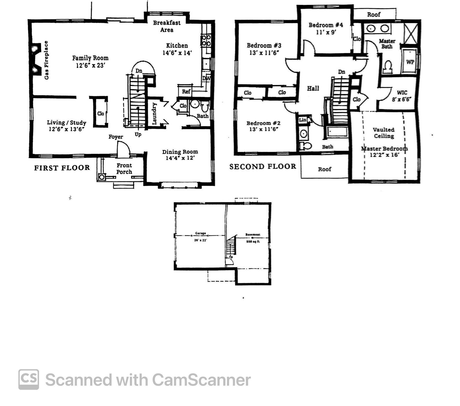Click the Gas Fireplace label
click(x=46, y=60)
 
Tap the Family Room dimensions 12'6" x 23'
click(x=90, y=65)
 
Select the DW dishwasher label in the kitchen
click(x=206, y=79)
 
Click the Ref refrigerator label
click(x=186, y=92)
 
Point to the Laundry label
click(x=154, y=113)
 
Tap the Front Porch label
click(x=124, y=169)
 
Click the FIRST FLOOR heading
click(x=62, y=168)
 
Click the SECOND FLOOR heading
click(x=263, y=167)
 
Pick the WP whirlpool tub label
click(x=410, y=62)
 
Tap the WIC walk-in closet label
click(x=402, y=93)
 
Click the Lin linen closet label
click(x=302, y=120)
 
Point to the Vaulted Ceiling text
click(x=384, y=133)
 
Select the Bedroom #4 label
click(x=326, y=25)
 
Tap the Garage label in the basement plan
click(x=200, y=233)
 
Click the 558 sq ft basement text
click(x=253, y=242)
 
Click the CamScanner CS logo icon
click(x=29, y=379)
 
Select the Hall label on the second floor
click(x=313, y=89)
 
